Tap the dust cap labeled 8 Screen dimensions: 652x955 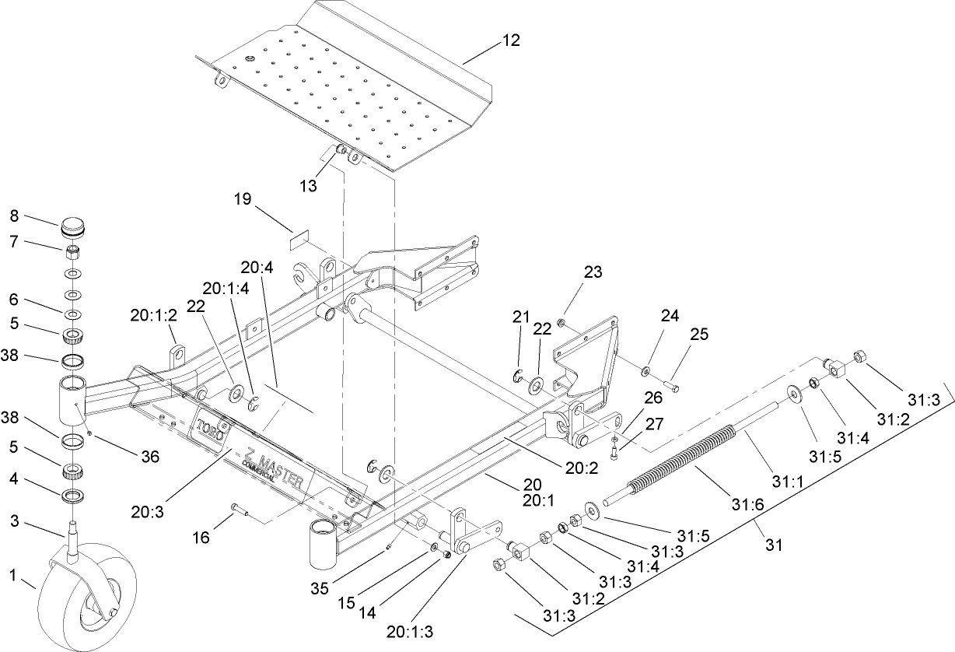coord(72,231)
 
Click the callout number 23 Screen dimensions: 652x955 coord(593,272)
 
